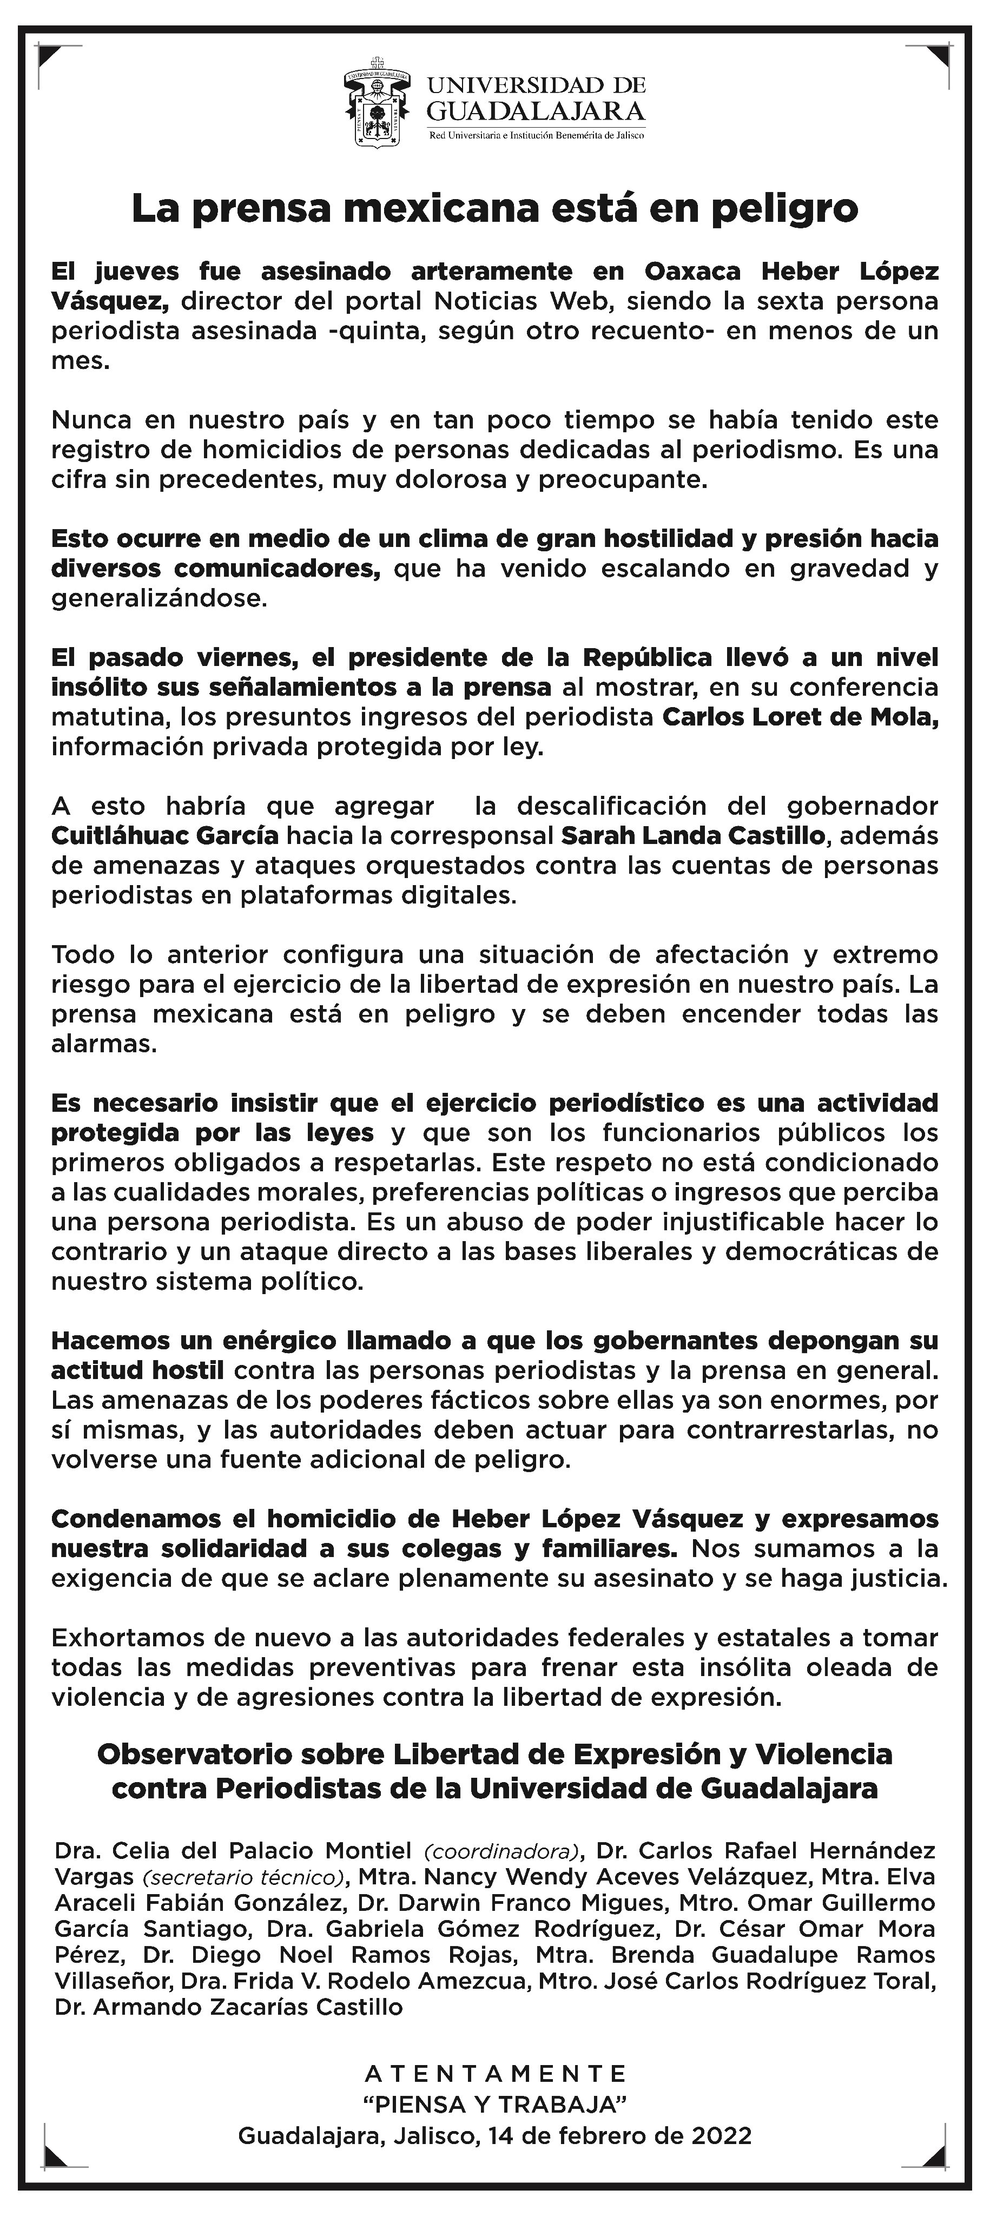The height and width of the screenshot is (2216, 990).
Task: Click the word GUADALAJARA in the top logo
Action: [x=536, y=111]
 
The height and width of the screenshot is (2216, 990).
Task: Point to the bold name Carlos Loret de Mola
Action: [x=800, y=717]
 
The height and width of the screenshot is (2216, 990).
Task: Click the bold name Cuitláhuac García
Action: [x=165, y=835]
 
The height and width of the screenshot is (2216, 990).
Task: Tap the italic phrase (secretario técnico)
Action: [x=245, y=1877]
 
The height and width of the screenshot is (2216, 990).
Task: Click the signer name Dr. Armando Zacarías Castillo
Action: [x=228, y=2007]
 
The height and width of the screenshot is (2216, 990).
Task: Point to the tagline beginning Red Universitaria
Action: [x=536, y=136]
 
